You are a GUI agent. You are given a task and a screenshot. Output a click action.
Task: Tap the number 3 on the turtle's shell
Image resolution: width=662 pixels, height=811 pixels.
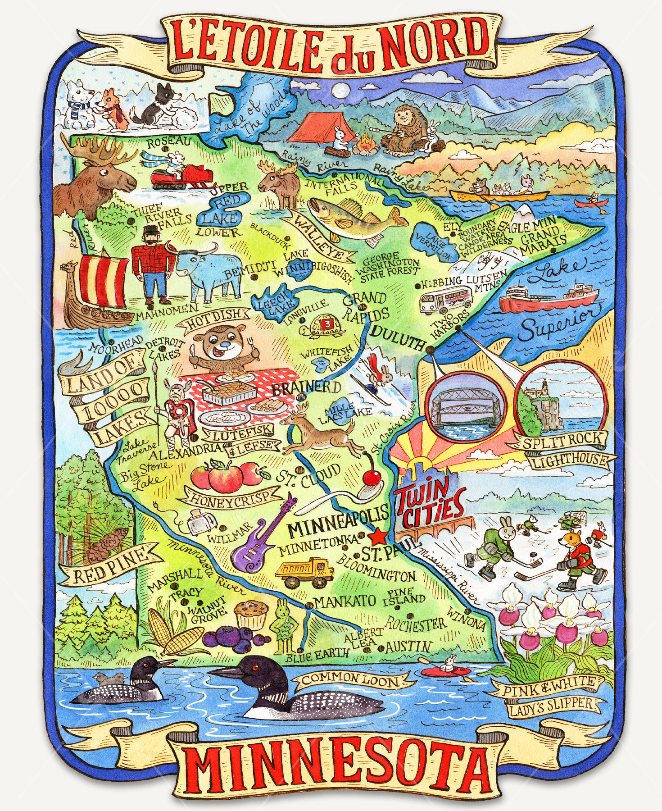click(327, 323)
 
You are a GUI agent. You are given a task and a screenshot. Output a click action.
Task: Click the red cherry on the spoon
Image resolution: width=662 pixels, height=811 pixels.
click(372, 477)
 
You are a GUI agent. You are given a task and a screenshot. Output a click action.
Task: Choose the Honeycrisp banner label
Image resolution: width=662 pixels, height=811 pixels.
click(230, 498)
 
